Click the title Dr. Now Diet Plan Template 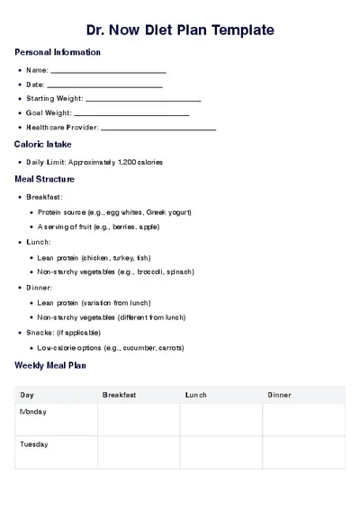click(180, 31)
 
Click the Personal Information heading click(58, 52)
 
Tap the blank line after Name click(108, 70)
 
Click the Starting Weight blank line click(142, 99)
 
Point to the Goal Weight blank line click(131, 113)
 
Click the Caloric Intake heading click(43, 144)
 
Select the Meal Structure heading click(45, 179)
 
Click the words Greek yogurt click(170, 212)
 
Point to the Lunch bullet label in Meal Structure click(39, 242)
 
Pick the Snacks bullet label click(40, 332)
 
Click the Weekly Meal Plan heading click(50, 365)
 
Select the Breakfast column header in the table click(119, 395)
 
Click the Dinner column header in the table click(279, 395)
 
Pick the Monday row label click(33, 412)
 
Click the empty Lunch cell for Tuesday click(220, 451)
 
